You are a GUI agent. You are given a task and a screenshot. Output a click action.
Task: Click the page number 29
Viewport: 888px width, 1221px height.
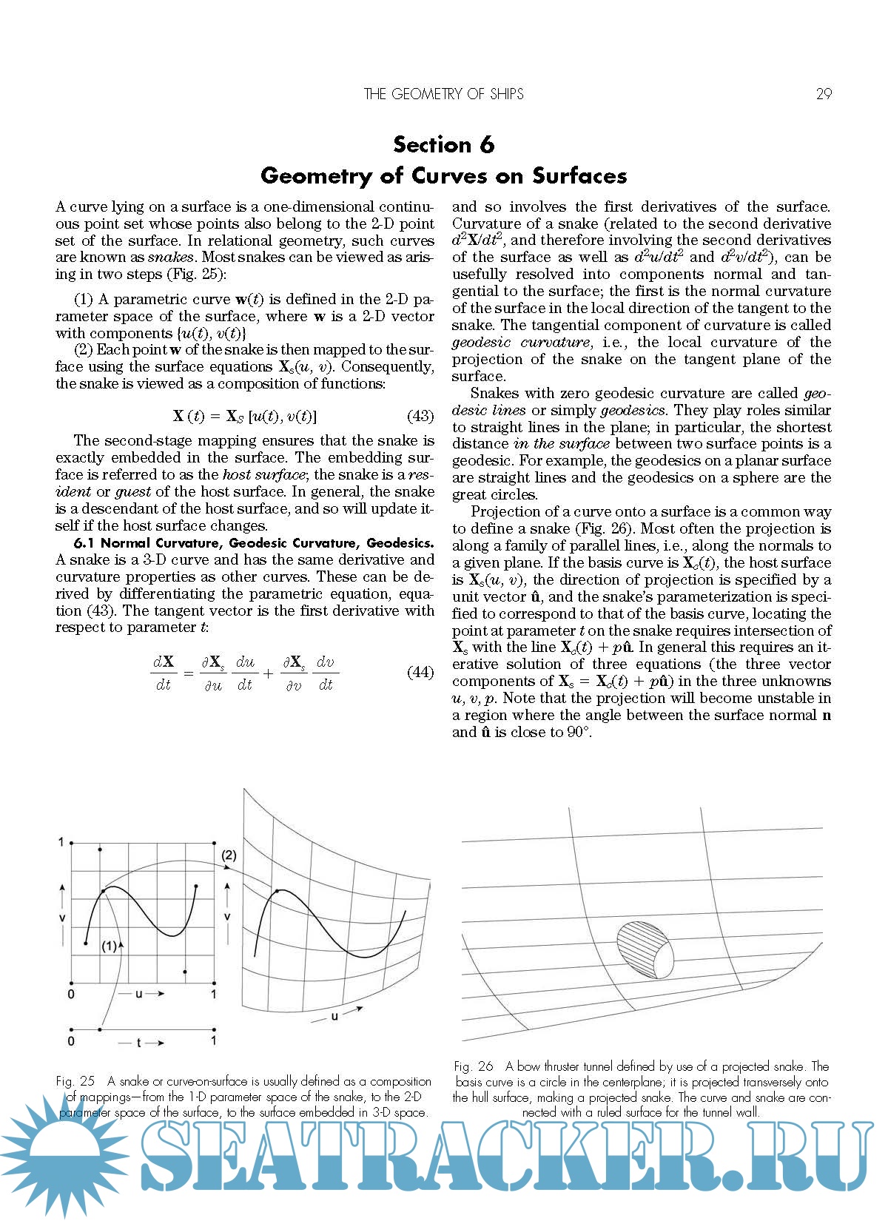823,94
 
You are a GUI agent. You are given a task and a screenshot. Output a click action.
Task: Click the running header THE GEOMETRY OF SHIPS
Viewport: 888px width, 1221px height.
443,94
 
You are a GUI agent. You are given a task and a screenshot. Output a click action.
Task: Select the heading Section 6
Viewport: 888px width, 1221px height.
443,144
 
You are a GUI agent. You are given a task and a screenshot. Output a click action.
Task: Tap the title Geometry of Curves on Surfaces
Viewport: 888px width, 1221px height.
443,176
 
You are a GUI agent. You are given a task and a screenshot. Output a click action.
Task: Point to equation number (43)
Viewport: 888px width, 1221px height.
420,416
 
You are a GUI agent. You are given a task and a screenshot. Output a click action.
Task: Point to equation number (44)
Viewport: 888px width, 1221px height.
420,672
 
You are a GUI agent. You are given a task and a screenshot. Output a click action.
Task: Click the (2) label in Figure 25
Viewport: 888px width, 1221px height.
229,855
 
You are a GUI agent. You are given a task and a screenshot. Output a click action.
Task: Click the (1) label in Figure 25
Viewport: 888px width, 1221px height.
109,946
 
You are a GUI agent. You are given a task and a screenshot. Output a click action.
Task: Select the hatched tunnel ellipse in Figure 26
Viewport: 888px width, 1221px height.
645,950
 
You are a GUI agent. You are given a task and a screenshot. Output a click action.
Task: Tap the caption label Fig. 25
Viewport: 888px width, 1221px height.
75,1081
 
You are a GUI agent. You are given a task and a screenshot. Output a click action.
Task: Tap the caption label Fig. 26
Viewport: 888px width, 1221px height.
474,1066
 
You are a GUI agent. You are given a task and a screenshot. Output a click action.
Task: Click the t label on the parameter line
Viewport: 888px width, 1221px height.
138,1043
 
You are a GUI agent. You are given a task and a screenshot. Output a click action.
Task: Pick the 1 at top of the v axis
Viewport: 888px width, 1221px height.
61,842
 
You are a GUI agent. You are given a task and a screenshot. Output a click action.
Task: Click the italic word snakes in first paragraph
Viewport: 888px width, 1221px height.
171,258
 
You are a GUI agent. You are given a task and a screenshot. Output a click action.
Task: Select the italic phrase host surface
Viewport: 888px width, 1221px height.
263,475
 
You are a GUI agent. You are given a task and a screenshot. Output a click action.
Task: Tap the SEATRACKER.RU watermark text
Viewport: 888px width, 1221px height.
503,1158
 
